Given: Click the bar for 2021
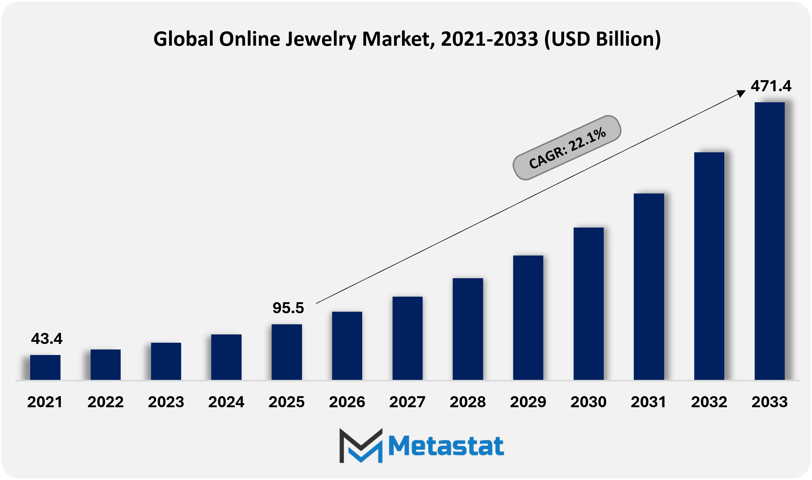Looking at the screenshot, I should coord(45,367).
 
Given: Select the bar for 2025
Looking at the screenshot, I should coord(287,352).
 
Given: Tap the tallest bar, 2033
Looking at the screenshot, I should coord(769,241).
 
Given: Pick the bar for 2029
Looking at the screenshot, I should coord(528,318).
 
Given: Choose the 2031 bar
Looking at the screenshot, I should coord(649,287).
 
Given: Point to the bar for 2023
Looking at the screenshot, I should coord(166,361).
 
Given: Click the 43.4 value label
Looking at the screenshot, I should coord(47,339).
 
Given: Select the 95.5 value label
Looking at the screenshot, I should coord(288,308).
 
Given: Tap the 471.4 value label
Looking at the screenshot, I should coord(771,86).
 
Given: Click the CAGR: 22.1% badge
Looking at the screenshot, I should coord(567,148).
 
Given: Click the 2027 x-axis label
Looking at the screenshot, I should coord(407,402).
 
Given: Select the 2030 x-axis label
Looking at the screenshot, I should coord(588,402).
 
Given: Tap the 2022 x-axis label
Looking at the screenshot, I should coord(105,402).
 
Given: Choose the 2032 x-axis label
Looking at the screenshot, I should coord(709,402).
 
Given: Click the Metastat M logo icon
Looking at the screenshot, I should coord(361,445).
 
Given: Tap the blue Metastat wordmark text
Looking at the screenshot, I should coord(446,446).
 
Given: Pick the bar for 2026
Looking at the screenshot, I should coord(347,345).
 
